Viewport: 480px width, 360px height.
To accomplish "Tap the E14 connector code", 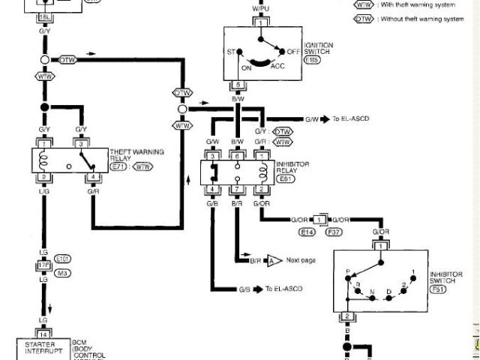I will click(x=307, y=233).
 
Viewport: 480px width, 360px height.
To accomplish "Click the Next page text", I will click(x=301, y=260).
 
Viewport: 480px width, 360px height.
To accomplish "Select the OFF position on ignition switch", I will click(x=292, y=51).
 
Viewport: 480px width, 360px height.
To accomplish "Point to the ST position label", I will click(x=231, y=52).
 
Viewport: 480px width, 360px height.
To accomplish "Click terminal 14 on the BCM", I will click(x=43, y=334).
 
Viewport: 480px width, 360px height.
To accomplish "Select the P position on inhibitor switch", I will click(x=347, y=271).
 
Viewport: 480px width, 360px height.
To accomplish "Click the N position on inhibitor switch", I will click(x=373, y=292).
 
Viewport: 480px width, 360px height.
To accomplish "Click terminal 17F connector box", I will click(x=43, y=265).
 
